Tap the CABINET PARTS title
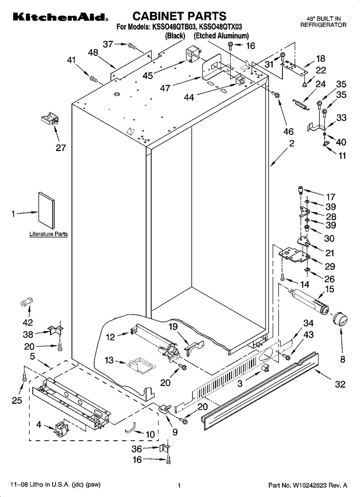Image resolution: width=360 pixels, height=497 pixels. [179, 16]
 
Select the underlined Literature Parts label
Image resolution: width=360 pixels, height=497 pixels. [48, 234]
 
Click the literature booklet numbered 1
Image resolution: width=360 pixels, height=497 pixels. [46, 210]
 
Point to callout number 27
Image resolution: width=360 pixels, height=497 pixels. [61, 148]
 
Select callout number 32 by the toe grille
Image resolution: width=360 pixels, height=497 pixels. [340, 384]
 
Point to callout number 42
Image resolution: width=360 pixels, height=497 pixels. [28, 322]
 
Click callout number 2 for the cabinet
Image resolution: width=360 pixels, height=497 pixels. [292, 143]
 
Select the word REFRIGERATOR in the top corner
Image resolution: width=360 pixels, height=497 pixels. [323, 25]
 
